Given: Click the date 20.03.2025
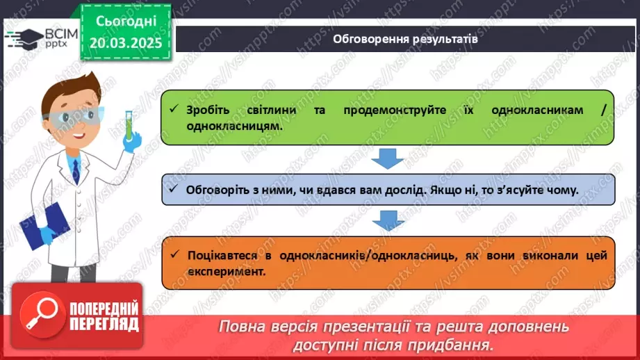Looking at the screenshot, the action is pos(126,43).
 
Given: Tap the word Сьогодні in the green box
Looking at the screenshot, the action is pos(126,22).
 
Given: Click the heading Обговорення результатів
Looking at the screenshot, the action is pos(405,39).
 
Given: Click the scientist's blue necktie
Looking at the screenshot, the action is pos(76,171).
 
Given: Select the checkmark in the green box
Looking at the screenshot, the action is pos(174,108).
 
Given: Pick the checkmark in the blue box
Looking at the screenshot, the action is pos(174,188).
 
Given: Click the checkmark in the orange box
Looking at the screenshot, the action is pos(174,254).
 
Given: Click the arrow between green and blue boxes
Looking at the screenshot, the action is pos(387,158).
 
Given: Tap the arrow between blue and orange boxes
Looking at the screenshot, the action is pos(388,221).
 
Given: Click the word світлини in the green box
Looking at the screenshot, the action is pos(272,111).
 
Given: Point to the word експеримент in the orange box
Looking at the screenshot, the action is pos(227,272).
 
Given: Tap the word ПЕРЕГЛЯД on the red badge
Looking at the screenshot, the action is pos(104,325).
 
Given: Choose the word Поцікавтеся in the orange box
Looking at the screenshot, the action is pos(222,256).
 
